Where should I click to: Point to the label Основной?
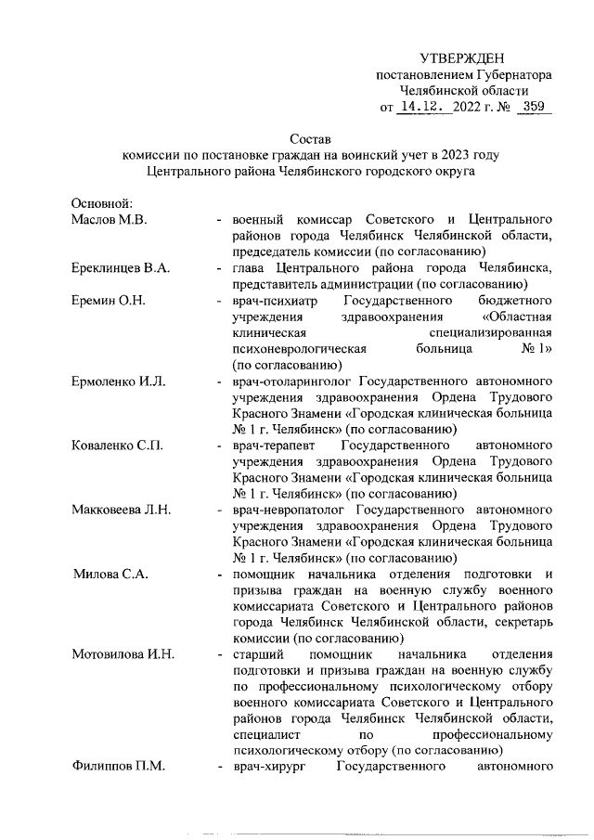point(103,203)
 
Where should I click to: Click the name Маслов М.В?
point(110,219)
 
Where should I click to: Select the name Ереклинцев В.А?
point(120,268)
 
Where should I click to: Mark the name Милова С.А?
point(111,575)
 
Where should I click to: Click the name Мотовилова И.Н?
point(123,655)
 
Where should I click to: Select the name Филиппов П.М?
point(117,768)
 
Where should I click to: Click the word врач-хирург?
point(269,768)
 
